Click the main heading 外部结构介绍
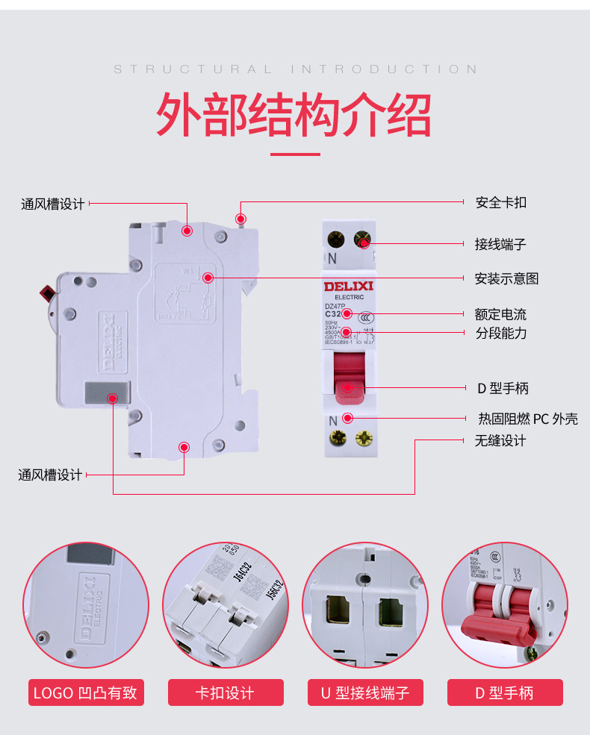294,114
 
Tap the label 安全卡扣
501,202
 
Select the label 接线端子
500,244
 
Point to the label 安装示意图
506,278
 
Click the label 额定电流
500,314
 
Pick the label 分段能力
500,333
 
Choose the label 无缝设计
500,440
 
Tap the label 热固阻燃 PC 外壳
527,419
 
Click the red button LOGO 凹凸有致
85,692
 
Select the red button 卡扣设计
225,692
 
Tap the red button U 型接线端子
365,692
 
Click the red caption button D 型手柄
505,692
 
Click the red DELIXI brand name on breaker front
348,286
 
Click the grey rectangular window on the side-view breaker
108,392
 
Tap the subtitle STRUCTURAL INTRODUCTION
295,69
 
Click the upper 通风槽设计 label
52,204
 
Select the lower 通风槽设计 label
50,475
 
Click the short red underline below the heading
295,154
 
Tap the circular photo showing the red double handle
504,604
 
